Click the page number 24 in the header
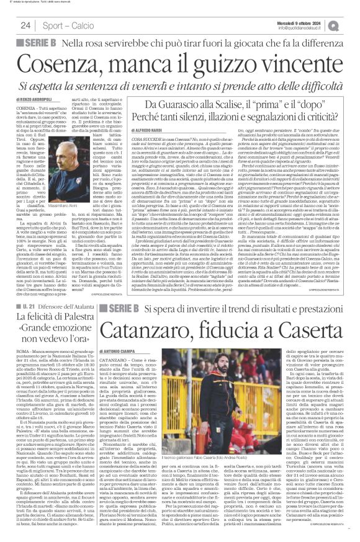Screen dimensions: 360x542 (25, 25)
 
